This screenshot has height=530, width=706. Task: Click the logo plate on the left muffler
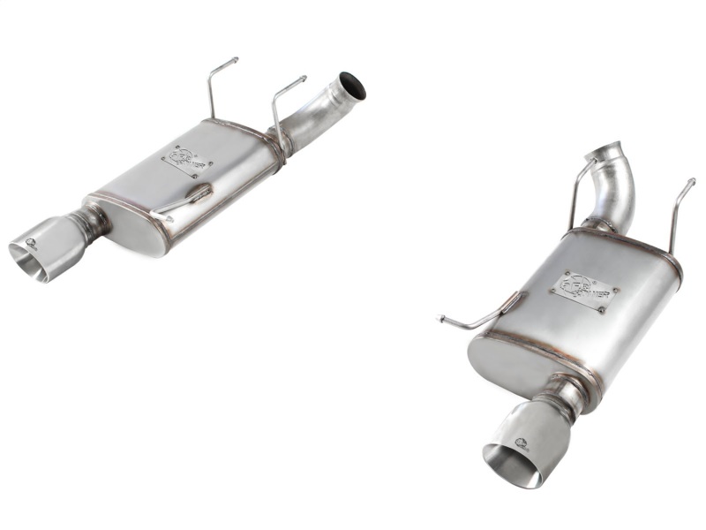pos(186,160)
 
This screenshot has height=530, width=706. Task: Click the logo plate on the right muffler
pos(582,290)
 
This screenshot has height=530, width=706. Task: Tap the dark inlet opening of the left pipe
pos(354,85)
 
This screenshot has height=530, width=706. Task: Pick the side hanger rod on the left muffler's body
pos(184,201)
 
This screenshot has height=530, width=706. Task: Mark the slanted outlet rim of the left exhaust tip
pos(26,263)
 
